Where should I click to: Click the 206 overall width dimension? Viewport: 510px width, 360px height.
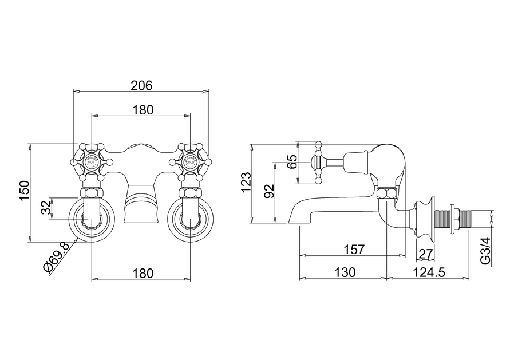point(141,85)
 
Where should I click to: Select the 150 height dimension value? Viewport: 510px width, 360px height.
point(23,191)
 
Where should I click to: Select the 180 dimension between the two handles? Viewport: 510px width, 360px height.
point(141,110)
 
